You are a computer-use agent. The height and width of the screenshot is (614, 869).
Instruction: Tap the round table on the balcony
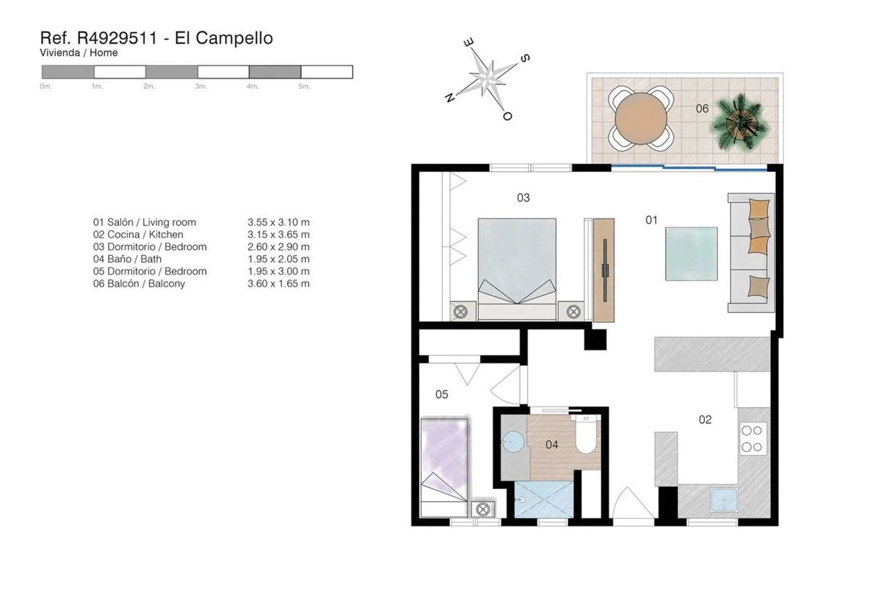coord(641,119)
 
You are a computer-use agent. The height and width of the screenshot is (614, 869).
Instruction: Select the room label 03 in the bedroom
coord(523,198)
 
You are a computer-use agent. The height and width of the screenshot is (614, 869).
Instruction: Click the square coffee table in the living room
coord(691,254)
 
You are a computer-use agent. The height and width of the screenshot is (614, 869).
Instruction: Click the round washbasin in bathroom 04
coord(513,442)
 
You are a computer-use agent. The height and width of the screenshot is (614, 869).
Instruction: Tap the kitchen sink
coord(725,500)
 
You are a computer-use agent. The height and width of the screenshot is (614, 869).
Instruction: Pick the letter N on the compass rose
coord(449,97)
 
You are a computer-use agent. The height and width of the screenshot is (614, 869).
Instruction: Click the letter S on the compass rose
coord(525,58)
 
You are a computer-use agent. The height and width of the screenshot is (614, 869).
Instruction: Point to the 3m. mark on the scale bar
coord(201,86)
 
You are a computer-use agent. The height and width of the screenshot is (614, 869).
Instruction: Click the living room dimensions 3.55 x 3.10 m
coord(278,222)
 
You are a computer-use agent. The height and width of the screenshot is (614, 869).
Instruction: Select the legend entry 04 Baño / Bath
coord(127,259)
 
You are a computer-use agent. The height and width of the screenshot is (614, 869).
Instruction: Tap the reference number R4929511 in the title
coord(117,38)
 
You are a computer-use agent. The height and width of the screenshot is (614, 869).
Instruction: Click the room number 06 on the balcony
coord(702,109)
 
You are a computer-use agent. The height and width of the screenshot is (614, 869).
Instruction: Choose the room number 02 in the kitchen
coord(705,420)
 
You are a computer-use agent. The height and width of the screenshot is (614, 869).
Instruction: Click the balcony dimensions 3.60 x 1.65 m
coord(278,284)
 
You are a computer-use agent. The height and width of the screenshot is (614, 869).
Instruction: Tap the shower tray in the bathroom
coord(544,500)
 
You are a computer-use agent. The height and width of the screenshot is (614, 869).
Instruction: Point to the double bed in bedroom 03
coord(517,269)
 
